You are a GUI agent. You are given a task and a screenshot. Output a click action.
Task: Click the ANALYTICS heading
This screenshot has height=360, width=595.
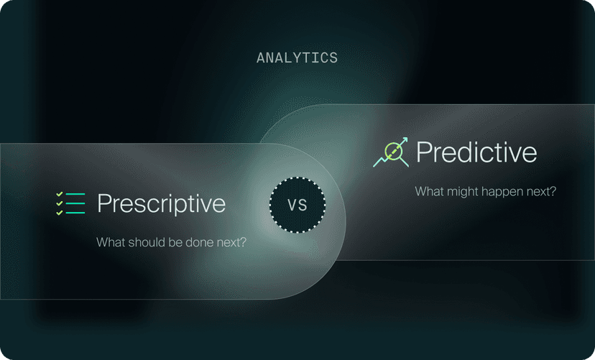point(297,58)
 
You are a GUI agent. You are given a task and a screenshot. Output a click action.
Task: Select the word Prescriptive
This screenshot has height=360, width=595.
point(161,204)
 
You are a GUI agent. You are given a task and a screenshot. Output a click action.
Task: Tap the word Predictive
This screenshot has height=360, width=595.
point(476,152)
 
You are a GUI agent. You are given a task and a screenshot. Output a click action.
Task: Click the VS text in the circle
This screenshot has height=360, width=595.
point(297,204)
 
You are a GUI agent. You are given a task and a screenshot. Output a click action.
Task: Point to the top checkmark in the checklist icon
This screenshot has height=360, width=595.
point(60,194)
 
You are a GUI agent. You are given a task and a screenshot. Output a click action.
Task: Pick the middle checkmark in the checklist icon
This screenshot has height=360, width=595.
point(60,203)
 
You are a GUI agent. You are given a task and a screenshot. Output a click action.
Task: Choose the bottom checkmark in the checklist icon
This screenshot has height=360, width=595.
point(60,213)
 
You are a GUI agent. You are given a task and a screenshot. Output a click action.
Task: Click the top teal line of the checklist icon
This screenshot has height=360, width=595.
point(76,194)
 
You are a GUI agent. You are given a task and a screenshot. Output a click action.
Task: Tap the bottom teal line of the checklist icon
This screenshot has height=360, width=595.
point(76,213)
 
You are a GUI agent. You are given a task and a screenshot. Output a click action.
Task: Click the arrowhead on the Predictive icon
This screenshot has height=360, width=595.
point(405,141)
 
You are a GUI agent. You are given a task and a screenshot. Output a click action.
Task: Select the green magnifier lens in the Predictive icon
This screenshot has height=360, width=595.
point(392,150)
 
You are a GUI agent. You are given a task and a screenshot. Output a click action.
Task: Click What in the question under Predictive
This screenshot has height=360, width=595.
point(430,192)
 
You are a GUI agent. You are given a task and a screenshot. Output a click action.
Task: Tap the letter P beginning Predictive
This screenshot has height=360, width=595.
point(424,152)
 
